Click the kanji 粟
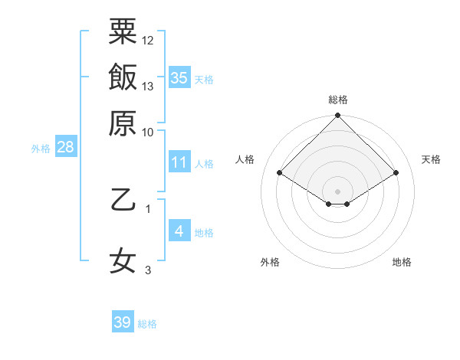tap(123, 31)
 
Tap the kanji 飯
tap(123, 77)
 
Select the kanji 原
tap(123, 122)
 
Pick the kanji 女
tap(123, 260)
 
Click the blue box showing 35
tap(179, 78)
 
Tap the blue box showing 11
tap(179, 162)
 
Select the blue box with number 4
tap(179, 231)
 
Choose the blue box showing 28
tap(65, 148)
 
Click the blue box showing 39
tap(123, 322)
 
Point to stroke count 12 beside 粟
tap(148, 40)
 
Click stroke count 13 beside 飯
tap(148, 86)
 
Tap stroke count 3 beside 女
tap(148, 270)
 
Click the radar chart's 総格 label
tap(338, 100)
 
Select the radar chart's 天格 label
tap(431, 159)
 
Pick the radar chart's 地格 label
tap(402, 262)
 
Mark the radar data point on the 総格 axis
tap(338, 116)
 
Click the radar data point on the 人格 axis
tap(280, 173)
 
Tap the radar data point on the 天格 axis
tap(396, 173)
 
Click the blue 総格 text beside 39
tap(147, 324)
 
